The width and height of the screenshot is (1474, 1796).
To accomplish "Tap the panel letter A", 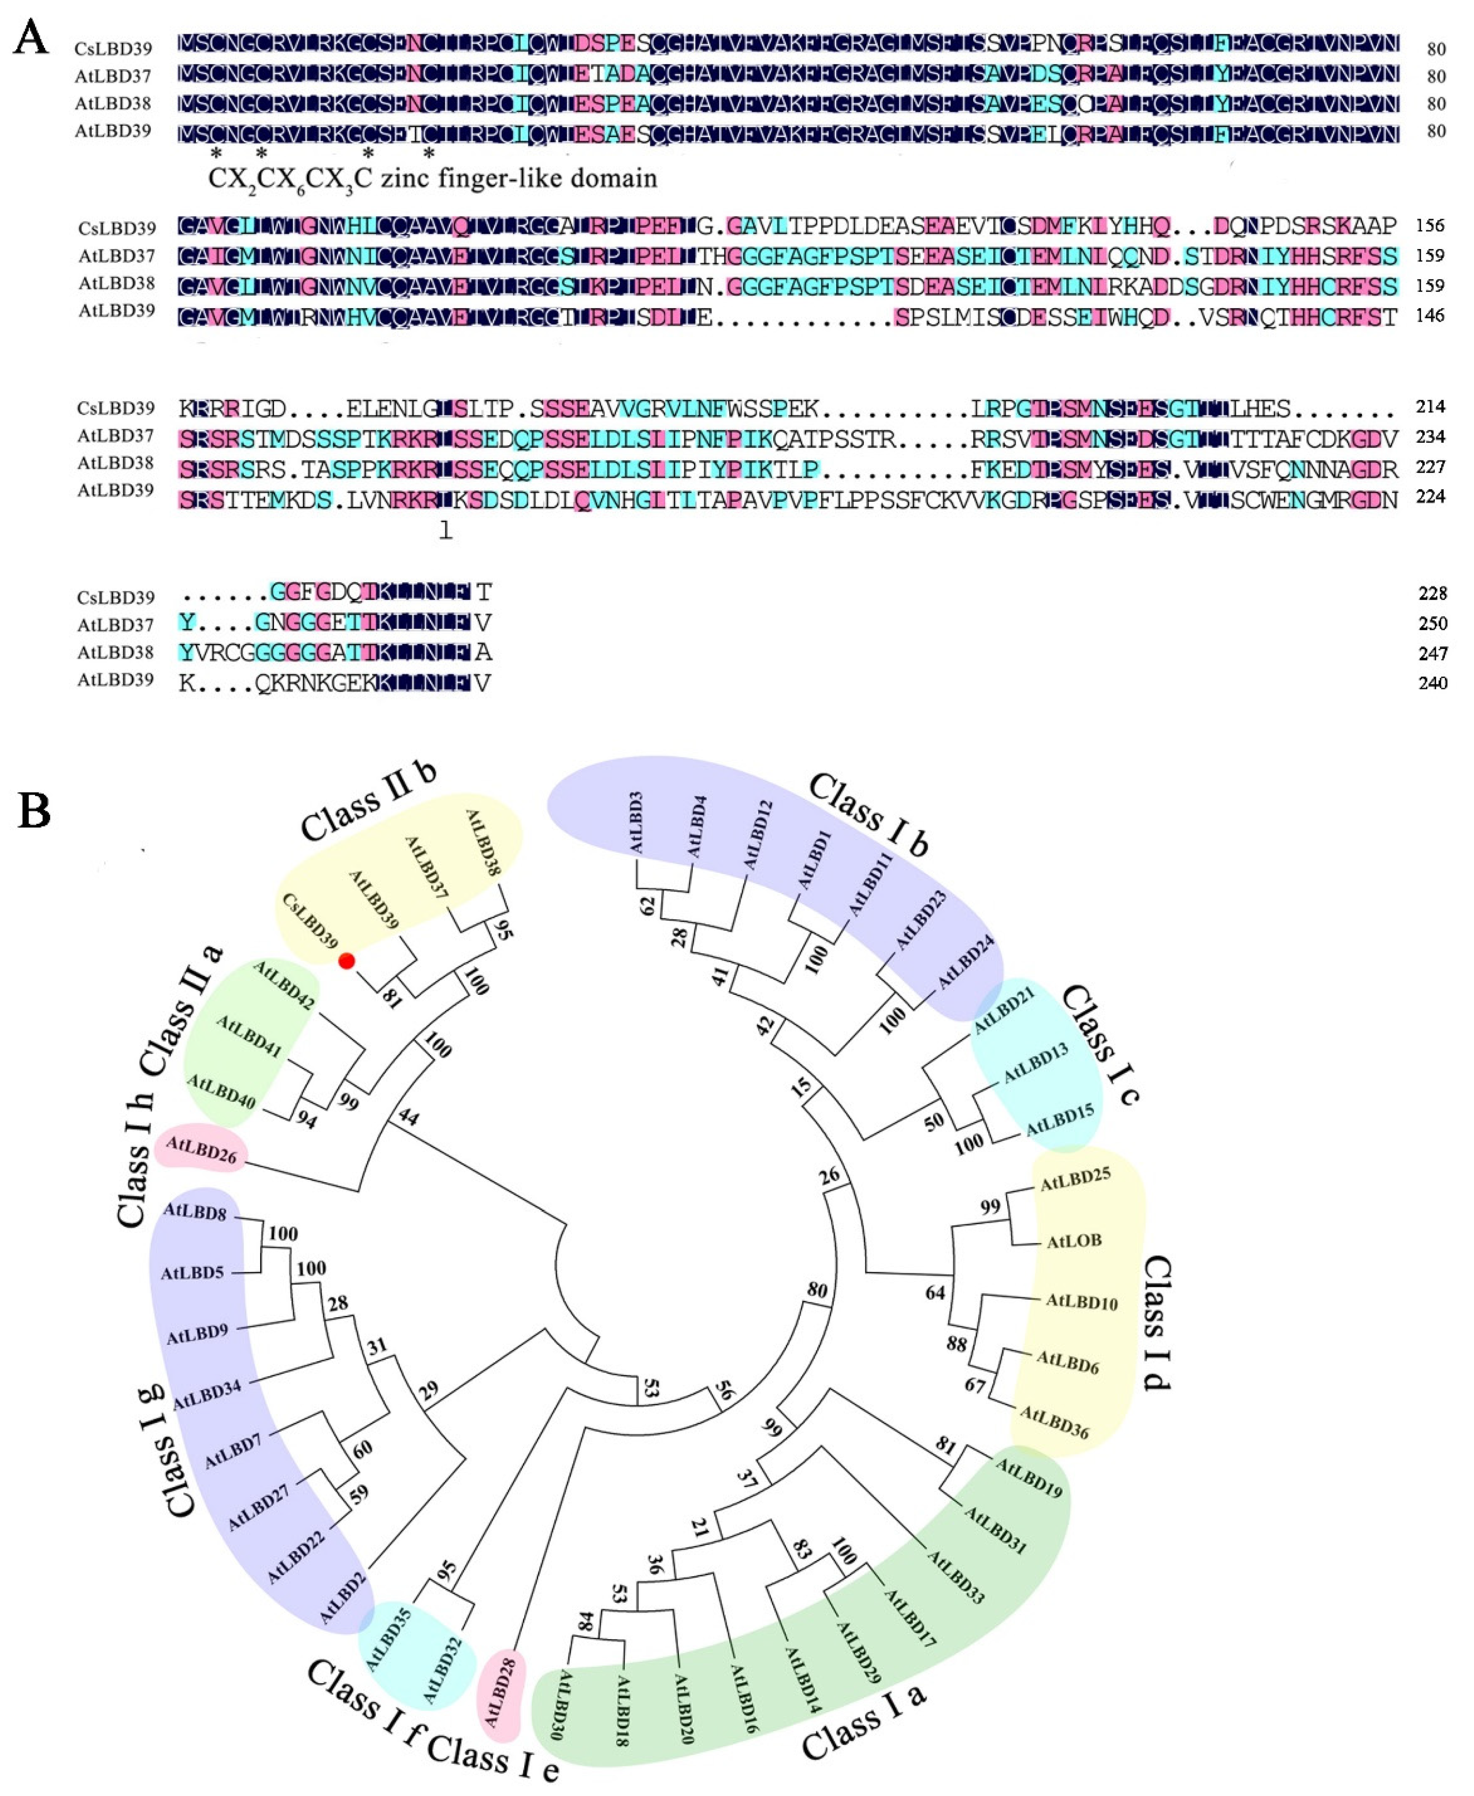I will (31, 38).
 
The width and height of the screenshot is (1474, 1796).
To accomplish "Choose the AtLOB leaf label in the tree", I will (1074, 1242).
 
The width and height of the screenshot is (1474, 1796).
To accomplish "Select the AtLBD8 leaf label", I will (195, 1211).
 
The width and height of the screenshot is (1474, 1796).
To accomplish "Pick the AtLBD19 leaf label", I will (1028, 1478).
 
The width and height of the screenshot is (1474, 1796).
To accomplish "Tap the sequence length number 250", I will (1432, 623).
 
